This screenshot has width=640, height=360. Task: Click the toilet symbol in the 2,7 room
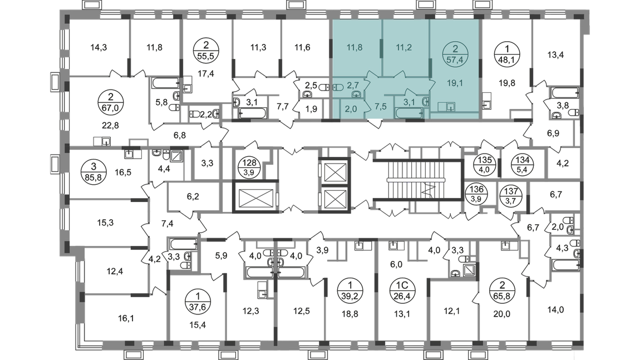338,87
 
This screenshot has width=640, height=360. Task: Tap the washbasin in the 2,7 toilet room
355,94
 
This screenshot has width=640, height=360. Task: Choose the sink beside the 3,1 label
426,102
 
